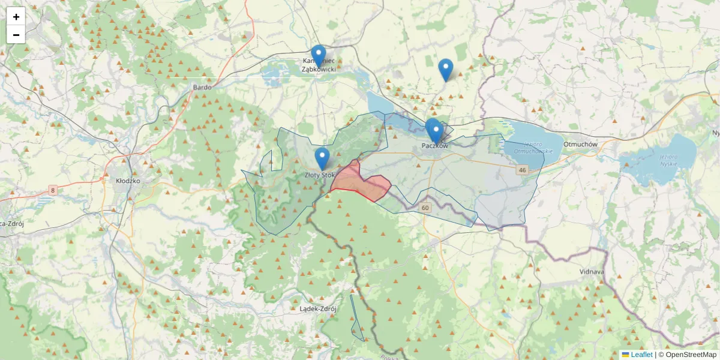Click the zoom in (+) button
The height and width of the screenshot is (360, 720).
tap(16, 17)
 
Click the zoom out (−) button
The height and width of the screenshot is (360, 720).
tap(16, 35)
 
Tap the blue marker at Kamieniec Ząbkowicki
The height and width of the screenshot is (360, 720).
tap(319, 56)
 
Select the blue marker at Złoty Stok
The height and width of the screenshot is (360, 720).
tap(322, 158)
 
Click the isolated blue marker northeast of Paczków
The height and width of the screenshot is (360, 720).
tap(445, 70)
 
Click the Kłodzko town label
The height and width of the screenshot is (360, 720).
tap(128, 180)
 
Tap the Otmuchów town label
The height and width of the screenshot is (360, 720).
tap(580, 145)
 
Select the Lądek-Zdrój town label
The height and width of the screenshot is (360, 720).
tap(317, 309)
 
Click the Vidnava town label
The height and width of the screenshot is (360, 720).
tap(591, 272)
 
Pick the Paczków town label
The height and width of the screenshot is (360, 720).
tap(435, 146)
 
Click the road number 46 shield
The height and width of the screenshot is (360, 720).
tap(522, 170)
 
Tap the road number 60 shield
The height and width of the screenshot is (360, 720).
tap(425, 208)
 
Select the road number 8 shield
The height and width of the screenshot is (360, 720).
tap(53, 191)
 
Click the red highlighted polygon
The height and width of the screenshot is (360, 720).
tap(360, 182)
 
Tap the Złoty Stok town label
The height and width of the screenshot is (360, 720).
tap(319, 175)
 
